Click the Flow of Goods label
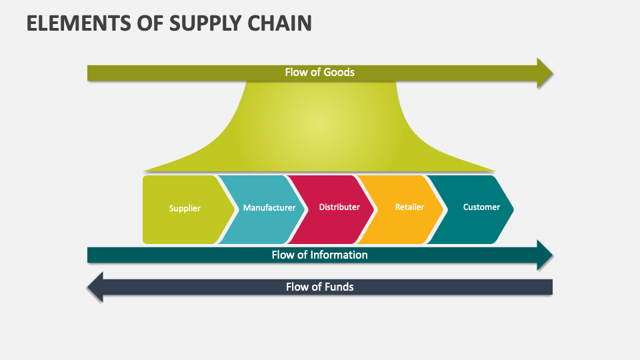tap(319, 72)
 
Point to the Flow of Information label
tap(319, 255)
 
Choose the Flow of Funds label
tap(319, 287)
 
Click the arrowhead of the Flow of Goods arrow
tap(545, 73)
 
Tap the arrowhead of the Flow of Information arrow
tap(545, 255)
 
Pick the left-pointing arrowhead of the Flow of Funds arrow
tap(95, 287)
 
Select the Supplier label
tap(185, 208)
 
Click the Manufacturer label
tap(269, 207)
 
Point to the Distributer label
tap(339, 207)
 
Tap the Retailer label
tap(409, 207)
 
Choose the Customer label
tap(481, 207)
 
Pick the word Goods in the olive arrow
tap(339, 72)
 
